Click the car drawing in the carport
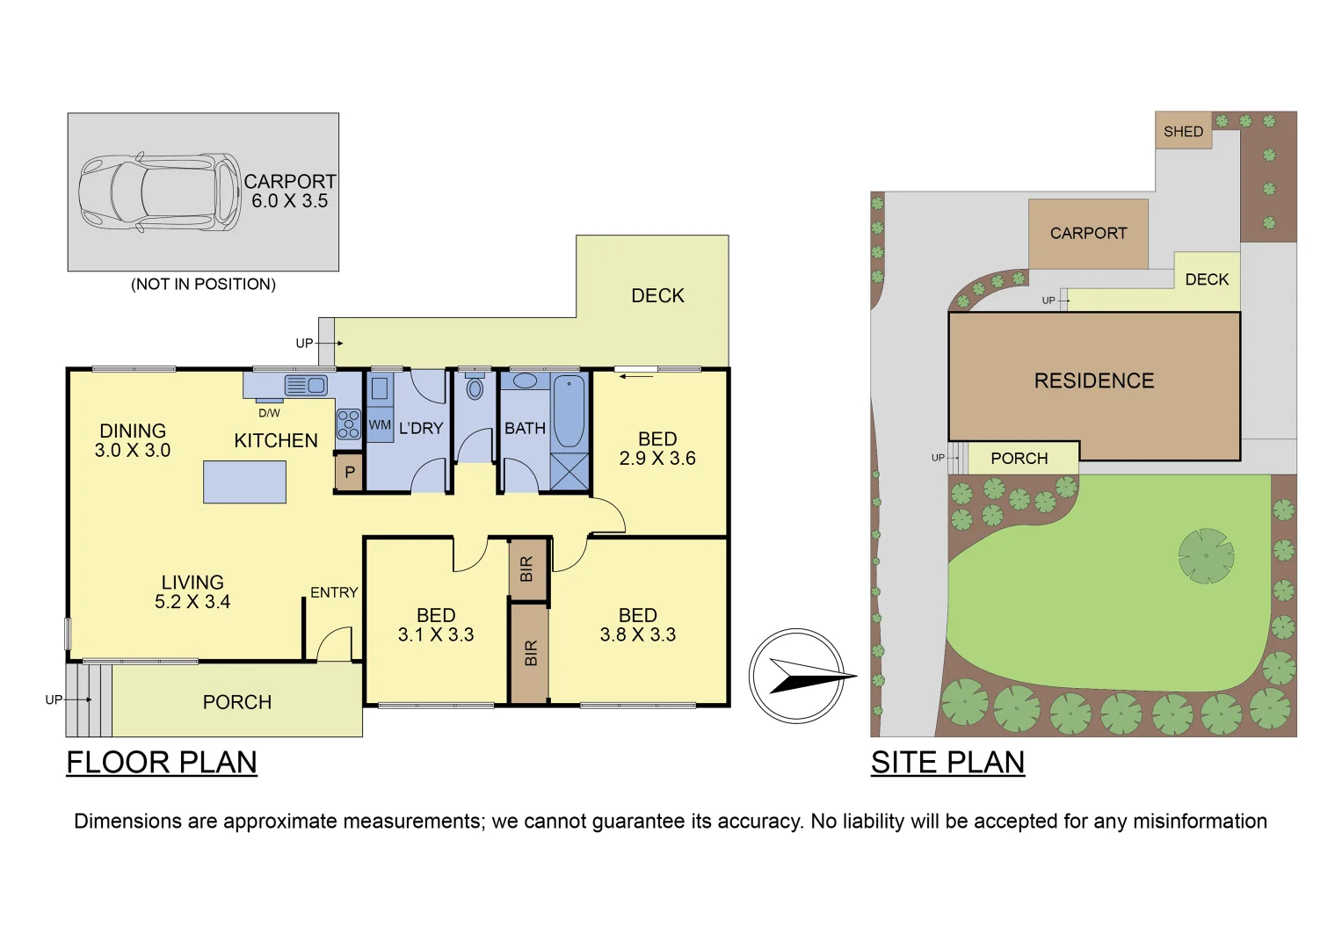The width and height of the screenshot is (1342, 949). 159,192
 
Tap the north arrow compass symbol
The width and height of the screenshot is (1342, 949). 797,676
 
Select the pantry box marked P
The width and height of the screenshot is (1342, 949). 349,473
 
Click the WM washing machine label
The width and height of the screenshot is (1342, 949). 380,425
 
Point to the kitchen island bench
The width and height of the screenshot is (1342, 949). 244,482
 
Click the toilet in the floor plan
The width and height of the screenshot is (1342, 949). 475,388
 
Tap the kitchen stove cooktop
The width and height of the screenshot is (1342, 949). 348,424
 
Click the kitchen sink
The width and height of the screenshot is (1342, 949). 305,385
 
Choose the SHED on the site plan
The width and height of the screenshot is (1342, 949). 1183,131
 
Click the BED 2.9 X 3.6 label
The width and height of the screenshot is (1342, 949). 657,448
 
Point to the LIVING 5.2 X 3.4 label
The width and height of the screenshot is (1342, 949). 192,591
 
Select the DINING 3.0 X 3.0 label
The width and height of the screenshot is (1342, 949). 133,440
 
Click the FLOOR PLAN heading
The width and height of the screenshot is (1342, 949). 162,762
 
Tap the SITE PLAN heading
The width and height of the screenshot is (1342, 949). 947,762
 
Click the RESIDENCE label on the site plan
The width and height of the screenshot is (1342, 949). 1094,380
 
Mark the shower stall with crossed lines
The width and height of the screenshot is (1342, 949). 569,472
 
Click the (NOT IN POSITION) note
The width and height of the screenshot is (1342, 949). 203,284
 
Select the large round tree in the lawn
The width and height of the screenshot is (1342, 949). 1206,555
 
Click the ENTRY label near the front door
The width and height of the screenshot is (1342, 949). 334,593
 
